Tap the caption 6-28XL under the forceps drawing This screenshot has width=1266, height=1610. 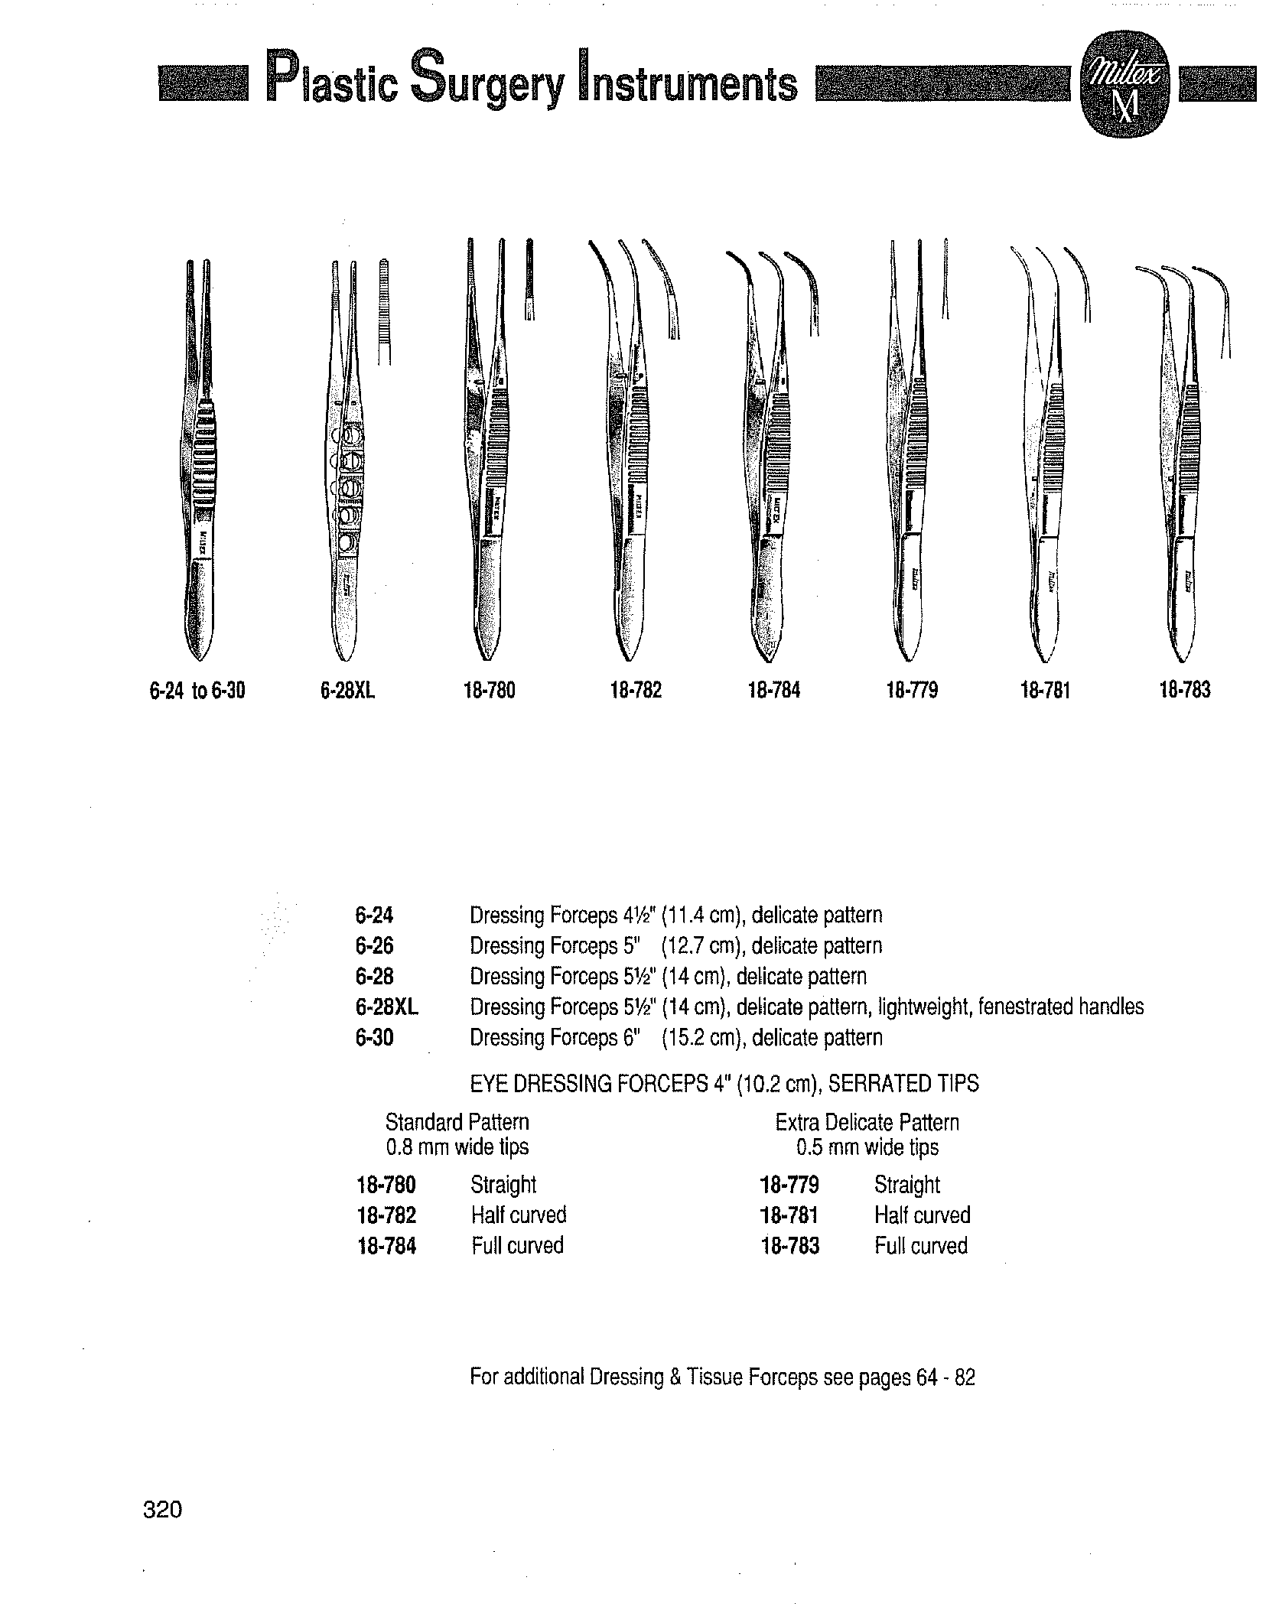[x=348, y=691]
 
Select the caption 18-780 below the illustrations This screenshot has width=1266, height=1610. [x=489, y=691]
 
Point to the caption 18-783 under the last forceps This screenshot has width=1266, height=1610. [x=1185, y=691]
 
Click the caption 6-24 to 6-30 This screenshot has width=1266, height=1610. [x=197, y=691]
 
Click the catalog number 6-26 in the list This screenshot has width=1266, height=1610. [x=374, y=946]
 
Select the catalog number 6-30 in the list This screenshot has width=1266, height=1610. [x=374, y=1038]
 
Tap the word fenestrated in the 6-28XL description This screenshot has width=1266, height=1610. [x=1025, y=1007]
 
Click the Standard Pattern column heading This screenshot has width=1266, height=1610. [x=457, y=1123]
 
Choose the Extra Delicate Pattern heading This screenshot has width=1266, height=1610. [x=867, y=1123]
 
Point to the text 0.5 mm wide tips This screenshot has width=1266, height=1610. [x=867, y=1147]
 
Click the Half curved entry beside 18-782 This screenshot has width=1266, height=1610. [x=518, y=1215]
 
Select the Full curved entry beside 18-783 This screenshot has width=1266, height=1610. [x=920, y=1246]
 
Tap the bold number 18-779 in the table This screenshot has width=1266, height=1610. [x=789, y=1185]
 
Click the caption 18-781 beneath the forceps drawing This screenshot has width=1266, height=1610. [x=1045, y=691]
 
